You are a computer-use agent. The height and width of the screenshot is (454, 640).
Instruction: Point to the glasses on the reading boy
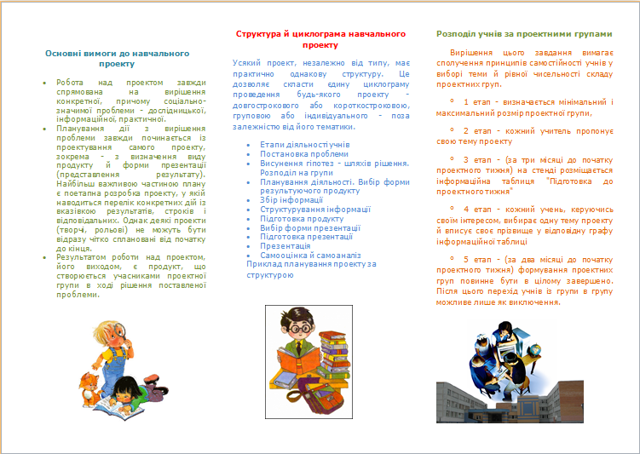(x=299, y=328)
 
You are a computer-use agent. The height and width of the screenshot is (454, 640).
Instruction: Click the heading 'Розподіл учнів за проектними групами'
(x=523, y=34)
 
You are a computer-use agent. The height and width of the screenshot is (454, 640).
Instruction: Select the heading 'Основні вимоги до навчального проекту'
(x=112, y=58)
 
